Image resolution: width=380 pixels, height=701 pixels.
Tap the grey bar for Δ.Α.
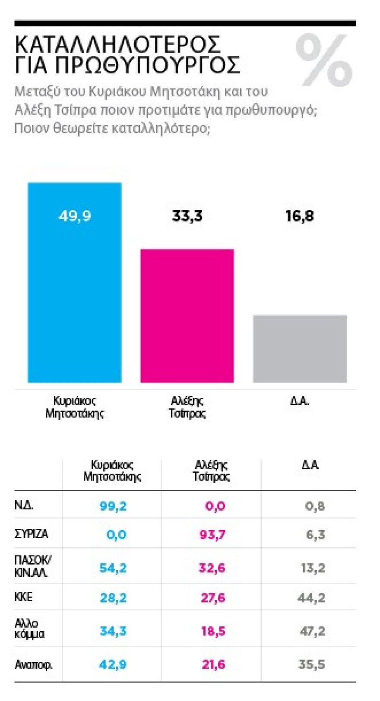(x=300, y=349)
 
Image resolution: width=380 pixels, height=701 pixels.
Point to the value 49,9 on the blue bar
(x=75, y=216)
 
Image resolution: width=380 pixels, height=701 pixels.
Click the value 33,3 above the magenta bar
(x=187, y=216)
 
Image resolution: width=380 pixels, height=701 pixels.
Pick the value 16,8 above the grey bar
(x=300, y=216)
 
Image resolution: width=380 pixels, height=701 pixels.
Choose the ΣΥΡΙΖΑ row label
(x=31, y=534)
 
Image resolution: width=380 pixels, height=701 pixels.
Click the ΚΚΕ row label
(x=23, y=597)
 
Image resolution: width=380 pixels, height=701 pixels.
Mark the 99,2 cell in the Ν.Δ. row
(x=113, y=506)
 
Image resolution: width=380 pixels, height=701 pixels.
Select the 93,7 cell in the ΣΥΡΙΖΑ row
(x=212, y=535)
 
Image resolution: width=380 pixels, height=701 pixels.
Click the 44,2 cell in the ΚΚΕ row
(x=311, y=598)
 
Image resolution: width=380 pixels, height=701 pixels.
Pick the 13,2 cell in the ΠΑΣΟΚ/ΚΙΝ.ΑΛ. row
(x=313, y=568)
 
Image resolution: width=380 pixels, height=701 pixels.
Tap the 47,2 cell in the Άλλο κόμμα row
(x=312, y=631)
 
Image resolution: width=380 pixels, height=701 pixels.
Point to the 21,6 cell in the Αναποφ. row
(x=213, y=664)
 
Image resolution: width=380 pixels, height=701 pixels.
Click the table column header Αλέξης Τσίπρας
(x=211, y=470)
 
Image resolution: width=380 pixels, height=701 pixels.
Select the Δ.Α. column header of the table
(x=310, y=465)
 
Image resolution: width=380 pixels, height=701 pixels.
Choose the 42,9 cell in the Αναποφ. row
(x=113, y=664)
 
